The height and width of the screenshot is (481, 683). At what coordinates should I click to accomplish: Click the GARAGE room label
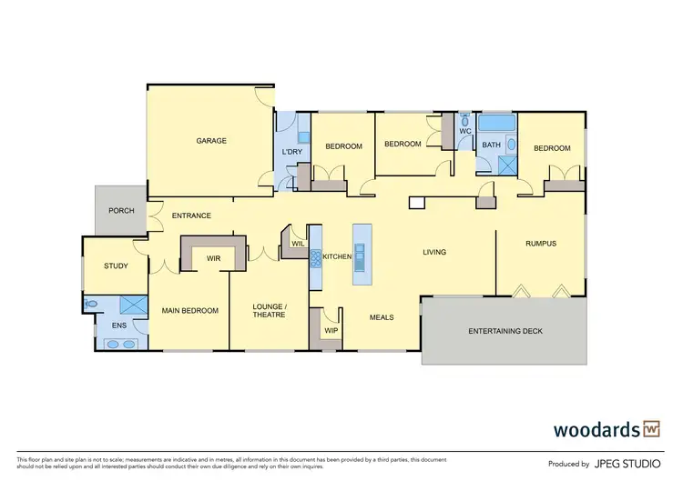211,141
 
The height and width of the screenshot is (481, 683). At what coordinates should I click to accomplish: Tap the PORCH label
121,211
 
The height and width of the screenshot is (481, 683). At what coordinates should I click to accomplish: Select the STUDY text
116,266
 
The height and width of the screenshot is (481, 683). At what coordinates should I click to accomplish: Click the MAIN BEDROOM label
189,311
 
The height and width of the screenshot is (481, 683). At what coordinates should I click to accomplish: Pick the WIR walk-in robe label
214,259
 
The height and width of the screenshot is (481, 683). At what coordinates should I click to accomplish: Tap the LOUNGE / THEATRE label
270,311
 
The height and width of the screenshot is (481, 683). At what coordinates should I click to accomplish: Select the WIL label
297,244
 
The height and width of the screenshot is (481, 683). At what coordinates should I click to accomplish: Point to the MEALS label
381,317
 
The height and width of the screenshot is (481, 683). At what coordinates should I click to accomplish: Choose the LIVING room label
433,252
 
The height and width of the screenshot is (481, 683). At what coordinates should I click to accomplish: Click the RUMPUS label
540,244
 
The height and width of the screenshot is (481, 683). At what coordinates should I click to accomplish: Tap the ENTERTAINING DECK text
505,331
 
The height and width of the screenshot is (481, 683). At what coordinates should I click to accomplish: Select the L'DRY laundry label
291,152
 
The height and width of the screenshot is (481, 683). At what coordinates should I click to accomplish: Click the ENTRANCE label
191,215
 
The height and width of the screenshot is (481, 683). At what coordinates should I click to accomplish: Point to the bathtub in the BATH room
496,124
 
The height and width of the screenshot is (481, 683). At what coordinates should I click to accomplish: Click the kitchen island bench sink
360,247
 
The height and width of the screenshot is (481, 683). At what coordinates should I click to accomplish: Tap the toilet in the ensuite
91,305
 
